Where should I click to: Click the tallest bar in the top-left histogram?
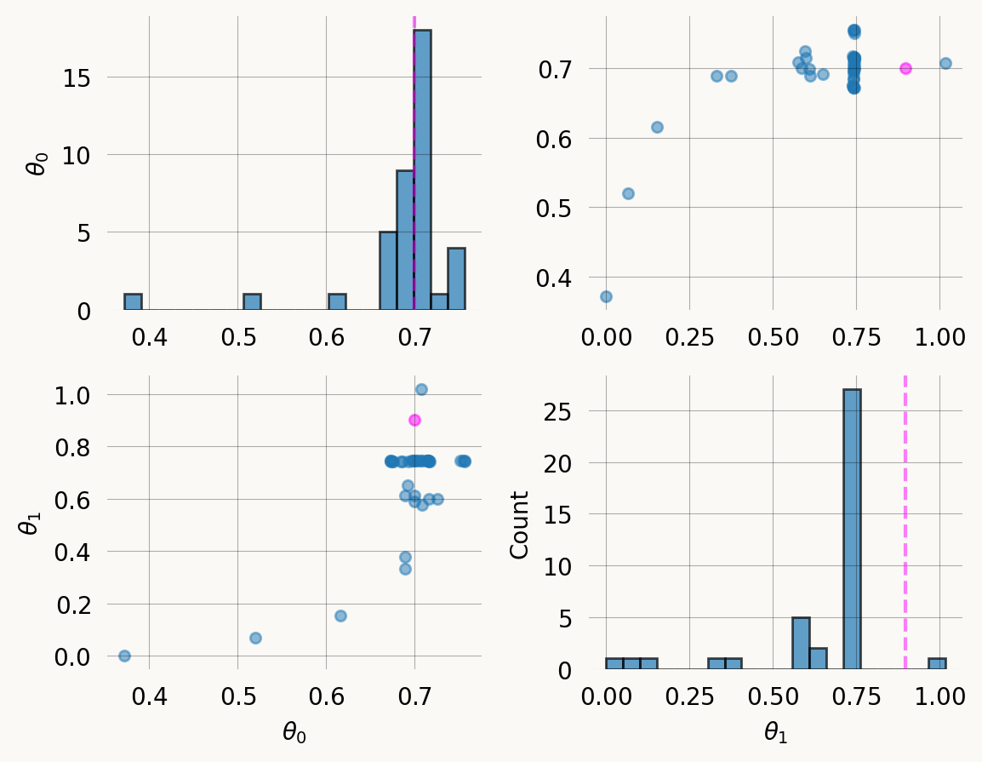coord(422,170)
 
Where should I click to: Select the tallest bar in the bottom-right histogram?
coord(852,528)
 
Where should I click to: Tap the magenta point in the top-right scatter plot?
coord(905,68)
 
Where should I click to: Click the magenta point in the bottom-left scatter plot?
coord(414,420)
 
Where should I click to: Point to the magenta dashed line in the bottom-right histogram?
coord(905,511)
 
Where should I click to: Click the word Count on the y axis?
coord(519,524)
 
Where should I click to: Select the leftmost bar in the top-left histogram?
coord(133,301)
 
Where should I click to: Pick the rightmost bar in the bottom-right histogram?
coord(937,663)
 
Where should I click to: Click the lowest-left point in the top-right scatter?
coord(606,296)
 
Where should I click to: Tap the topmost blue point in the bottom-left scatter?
coord(420,389)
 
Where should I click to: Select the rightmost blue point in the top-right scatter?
coord(945,63)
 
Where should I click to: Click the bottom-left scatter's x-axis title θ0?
coord(294,732)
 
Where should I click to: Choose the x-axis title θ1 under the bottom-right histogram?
coord(776,732)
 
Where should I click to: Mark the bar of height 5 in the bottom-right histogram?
coord(801,643)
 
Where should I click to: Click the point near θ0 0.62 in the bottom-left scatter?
coord(340,616)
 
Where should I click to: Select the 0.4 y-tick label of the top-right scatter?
coord(557,278)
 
